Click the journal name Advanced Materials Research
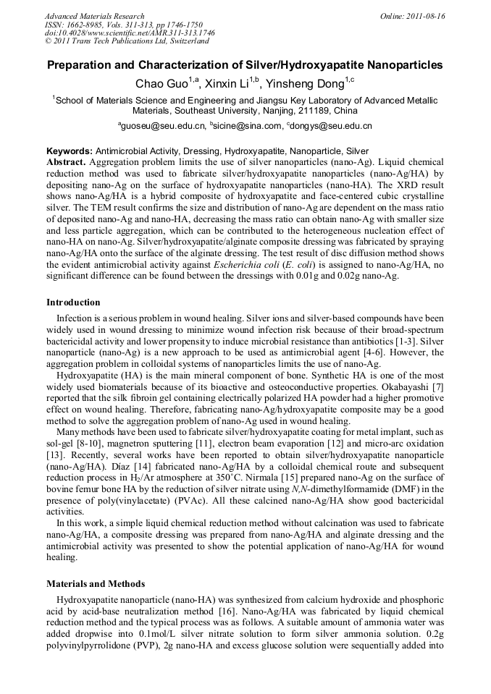point(94,16)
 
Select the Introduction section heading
point(73,302)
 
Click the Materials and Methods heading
point(96,583)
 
